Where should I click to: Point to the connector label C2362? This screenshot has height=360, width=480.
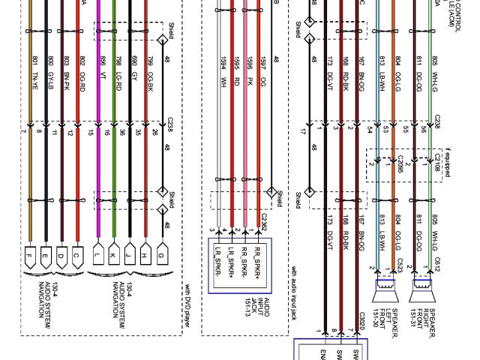(x=263, y=222)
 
